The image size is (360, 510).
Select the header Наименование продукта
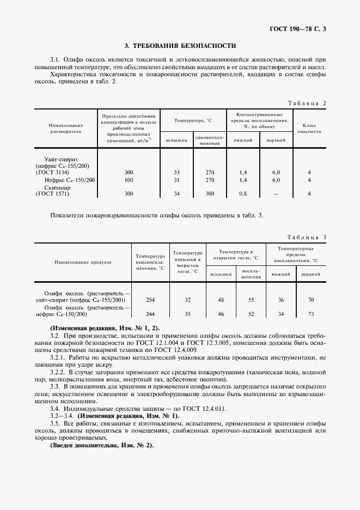(x=83, y=262)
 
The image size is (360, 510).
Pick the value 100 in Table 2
(x=129, y=180)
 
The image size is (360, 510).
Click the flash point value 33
(x=176, y=172)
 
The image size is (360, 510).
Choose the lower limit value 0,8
(x=243, y=193)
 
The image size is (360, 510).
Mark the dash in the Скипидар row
(x=276, y=193)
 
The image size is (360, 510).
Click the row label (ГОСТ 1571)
(x=53, y=193)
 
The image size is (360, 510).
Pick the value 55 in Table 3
(x=251, y=300)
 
